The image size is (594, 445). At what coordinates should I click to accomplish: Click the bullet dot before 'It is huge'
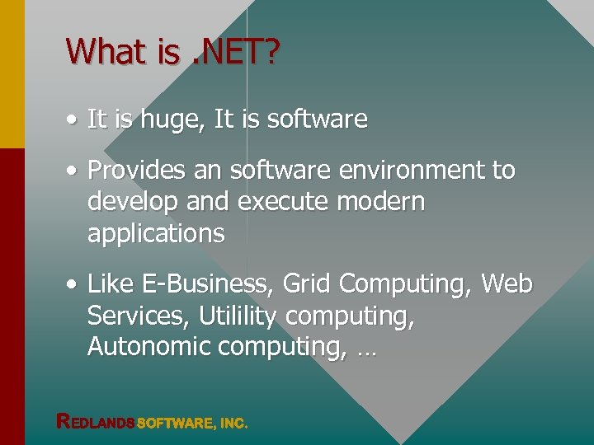coord(73,121)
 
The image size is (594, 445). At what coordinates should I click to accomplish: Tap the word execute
coord(267,202)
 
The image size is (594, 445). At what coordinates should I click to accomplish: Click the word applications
coord(156,233)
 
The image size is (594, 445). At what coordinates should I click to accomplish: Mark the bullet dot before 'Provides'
coord(73,171)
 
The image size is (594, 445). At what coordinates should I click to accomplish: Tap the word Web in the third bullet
coord(507,284)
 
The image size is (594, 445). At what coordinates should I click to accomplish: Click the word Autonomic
coord(148,347)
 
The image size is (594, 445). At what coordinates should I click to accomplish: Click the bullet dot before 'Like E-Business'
coord(73,285)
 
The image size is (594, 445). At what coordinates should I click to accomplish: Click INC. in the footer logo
coord(233,424)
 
